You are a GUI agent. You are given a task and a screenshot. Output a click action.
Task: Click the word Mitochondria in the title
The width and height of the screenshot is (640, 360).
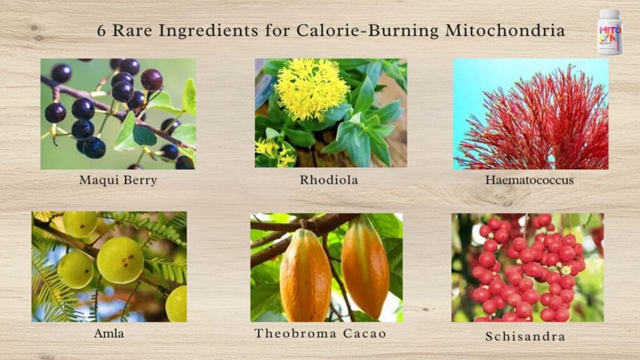coord(505,31)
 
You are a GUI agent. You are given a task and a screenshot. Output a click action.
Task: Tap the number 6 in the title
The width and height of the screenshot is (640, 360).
coord(101,31)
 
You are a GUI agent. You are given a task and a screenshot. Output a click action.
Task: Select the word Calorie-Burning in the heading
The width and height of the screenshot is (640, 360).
coord(367,31)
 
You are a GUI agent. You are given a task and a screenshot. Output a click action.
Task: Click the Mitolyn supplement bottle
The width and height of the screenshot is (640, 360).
coord(610,32)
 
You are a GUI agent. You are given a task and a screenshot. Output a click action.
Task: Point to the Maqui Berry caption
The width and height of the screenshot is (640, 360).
coord(118,180)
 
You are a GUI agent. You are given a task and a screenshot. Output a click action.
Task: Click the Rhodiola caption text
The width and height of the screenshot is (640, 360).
coord(329,180)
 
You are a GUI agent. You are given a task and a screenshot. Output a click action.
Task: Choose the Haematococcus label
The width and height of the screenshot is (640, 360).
coord(529,180)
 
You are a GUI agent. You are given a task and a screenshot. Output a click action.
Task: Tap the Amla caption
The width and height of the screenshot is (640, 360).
coord(109,334)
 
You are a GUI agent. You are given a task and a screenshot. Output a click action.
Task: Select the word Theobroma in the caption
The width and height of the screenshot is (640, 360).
coord(296,334)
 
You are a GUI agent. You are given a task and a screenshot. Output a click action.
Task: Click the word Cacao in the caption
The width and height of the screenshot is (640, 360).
coord(364,334)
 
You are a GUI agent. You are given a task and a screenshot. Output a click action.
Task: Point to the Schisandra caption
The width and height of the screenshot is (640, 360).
coord(525,336)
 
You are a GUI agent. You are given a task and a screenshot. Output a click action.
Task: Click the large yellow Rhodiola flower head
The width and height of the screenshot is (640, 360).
coord(312,90)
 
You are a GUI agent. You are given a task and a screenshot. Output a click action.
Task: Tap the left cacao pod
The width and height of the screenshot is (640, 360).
coord(305,276)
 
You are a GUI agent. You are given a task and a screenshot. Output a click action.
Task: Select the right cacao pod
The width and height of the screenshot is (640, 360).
coord(365,267)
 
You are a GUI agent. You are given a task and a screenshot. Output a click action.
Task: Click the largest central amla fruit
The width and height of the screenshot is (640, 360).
coord(121,261)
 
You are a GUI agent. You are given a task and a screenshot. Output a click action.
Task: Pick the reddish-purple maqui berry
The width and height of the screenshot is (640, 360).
coord(152,79)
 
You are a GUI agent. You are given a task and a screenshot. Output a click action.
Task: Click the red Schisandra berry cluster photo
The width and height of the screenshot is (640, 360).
coord(527,267)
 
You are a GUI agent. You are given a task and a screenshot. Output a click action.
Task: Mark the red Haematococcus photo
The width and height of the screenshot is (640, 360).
coord(531,114)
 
